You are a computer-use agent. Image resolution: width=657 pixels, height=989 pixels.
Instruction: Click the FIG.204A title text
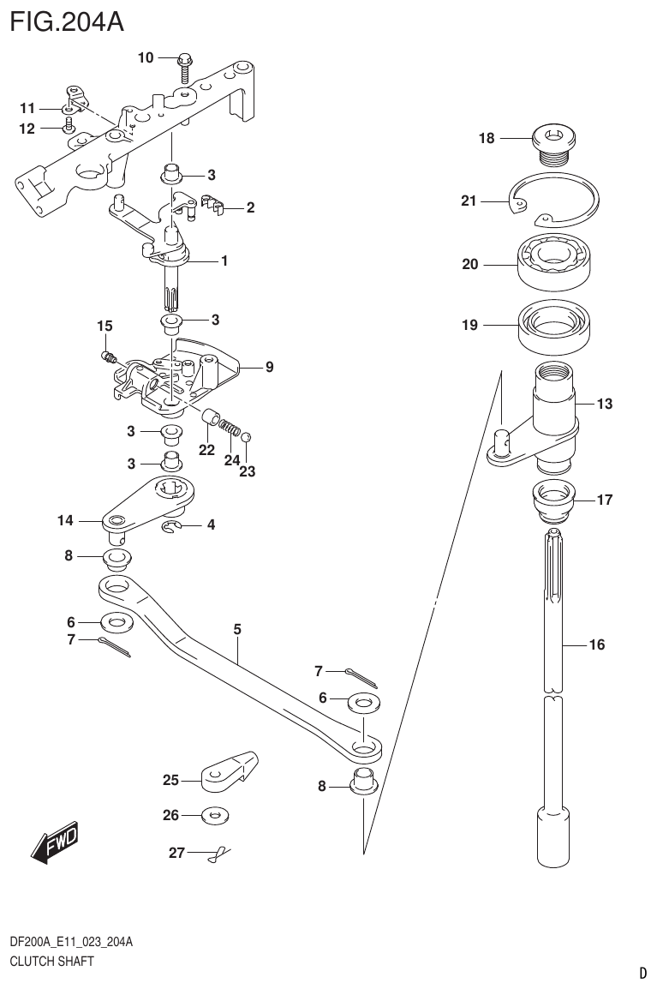click(67, 21)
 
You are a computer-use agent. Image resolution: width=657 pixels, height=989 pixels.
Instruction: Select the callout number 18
click(487, 137)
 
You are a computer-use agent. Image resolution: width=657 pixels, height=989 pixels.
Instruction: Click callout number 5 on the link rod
click(237, 630)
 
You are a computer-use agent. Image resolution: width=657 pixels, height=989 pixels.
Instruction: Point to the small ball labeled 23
click(246, 438)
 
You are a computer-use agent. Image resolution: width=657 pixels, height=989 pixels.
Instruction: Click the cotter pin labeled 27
click(219, 853)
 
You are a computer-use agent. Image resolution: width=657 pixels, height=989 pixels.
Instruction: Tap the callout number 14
click(66, 520)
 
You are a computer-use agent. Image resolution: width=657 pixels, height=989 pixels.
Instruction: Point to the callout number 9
click(269, 368)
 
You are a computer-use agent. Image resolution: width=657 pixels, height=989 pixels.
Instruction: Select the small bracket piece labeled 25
click(231, 770)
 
